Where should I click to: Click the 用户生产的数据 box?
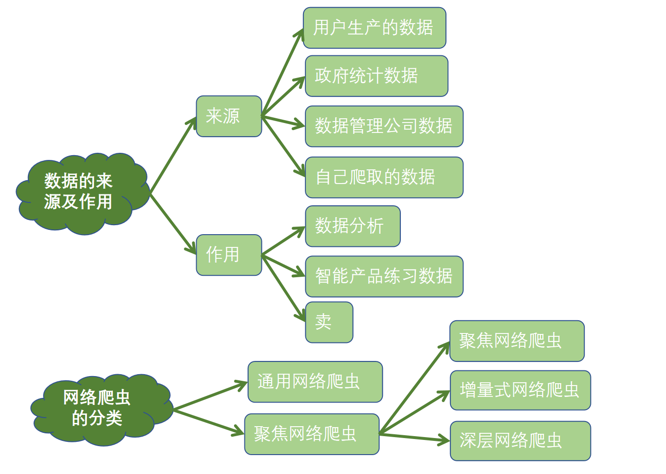coord(374,28)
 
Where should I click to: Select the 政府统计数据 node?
coord(376,76)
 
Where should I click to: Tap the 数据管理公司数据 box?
coord(384,126)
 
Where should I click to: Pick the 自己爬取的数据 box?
coord(384,177)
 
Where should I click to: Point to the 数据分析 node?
coord(353,226)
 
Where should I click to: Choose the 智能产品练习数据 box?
coord(384,277)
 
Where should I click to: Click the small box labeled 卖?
coord(329,322)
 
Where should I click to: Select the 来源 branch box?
coord(229,116)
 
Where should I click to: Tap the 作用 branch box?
coord(229,255)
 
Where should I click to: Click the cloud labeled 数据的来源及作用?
coord(80,193)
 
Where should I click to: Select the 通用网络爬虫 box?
coord(315,382)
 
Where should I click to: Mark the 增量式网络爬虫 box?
coord(520,390)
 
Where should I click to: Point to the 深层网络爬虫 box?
coord(520,441)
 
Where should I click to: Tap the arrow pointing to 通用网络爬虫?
coord(210,395)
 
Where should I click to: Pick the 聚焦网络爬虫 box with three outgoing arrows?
coord(311,434)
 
